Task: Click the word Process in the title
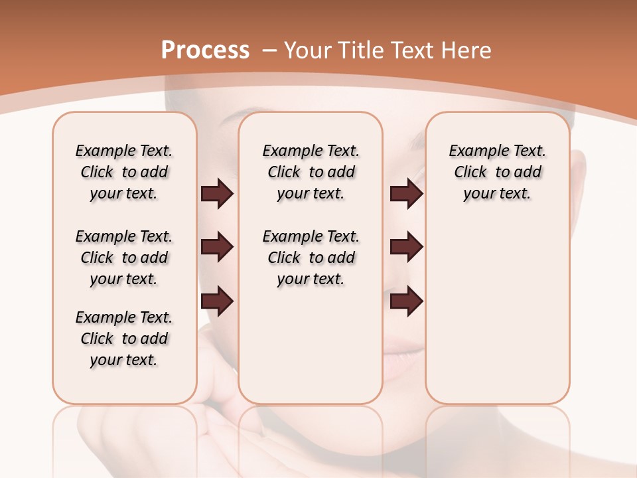205,50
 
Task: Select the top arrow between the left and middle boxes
218,194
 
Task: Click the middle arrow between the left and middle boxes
218,247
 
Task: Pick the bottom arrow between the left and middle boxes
218,301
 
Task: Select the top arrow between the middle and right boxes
406,194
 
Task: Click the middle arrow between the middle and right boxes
406,247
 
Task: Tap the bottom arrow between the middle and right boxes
406,301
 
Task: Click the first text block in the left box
124,172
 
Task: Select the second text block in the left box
124,258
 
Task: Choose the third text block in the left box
124,339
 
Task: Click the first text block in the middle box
311,172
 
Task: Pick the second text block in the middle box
311,258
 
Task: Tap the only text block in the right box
498,172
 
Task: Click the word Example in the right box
476,151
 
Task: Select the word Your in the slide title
308,50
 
